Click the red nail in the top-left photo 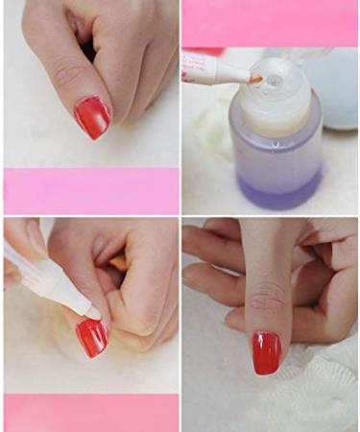coord(92,116)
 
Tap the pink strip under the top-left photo coord(91,190)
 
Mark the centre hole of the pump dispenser coord(273,81)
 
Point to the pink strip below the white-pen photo coord(91,412)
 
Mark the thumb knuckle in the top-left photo coord(67,72)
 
